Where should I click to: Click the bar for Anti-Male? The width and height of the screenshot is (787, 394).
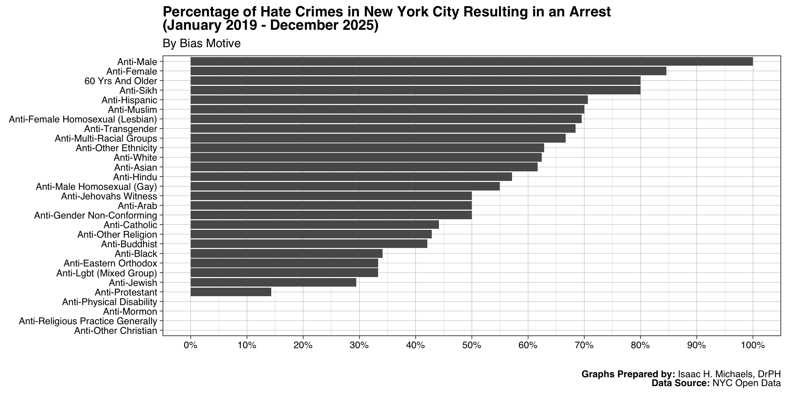(x=471, y=62)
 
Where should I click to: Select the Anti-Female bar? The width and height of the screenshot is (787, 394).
(x=428, y=71)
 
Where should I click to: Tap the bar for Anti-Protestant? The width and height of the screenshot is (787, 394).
(x=231, y=292)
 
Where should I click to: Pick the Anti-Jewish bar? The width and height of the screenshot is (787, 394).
(x=273, y=283)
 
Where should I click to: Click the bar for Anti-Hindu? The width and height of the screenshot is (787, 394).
(x=351, y=177)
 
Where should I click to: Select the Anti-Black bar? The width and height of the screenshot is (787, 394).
(x=286, y=253)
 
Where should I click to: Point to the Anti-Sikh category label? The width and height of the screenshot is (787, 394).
(x=138, y=91)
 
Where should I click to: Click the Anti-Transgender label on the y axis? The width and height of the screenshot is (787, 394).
(x=121, y=129)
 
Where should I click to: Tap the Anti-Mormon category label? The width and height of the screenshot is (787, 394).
(x=130, y=312)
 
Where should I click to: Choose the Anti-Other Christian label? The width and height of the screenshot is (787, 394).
(x=115, y=331)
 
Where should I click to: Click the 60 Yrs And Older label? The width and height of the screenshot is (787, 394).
(x=121, y=81)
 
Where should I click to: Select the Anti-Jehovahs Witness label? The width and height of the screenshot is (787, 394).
(x=109, y=196)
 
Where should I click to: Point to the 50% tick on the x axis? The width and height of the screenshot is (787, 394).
(x=472, y=345)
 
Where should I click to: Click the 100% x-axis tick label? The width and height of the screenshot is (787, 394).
(x=753, y=345)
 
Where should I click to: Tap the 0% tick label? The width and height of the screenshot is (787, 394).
(x=191, y=345)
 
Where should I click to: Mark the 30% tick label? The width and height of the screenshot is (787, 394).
(x=359, y=345)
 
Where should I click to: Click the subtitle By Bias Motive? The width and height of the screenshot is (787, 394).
(x=202, y=43)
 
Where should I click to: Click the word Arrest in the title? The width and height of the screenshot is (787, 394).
(x=590, y=12)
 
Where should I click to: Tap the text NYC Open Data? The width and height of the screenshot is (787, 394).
(x=746, y=383)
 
